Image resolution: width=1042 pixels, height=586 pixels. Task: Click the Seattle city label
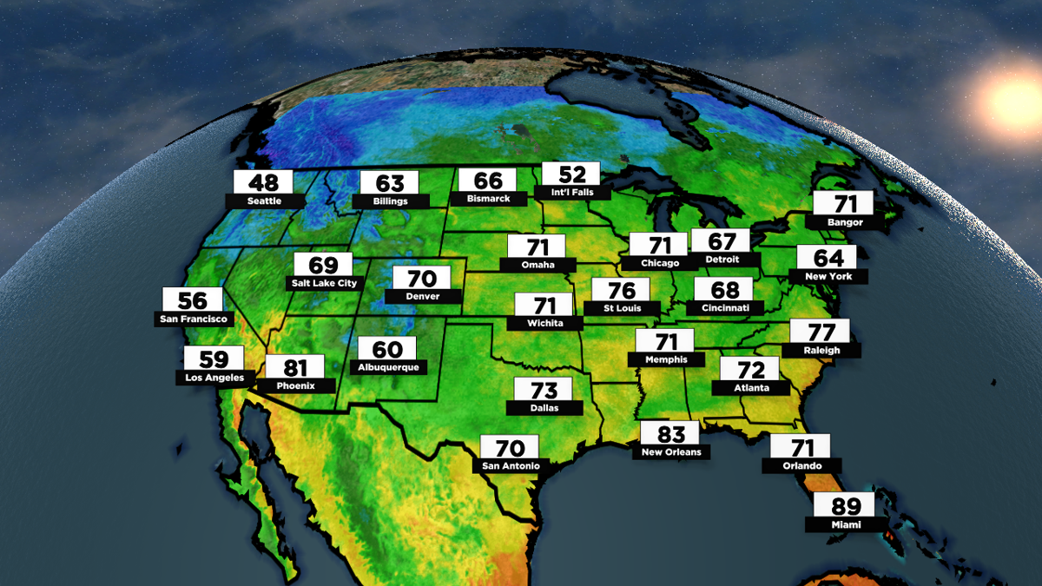click(264, 201)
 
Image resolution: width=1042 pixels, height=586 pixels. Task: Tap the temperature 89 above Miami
click(847, 506)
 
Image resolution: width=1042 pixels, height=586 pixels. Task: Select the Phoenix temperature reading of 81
click(295, 367)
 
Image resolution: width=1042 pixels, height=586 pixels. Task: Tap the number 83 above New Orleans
click(671, 433)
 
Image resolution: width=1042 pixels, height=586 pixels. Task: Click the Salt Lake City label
click(322, 283)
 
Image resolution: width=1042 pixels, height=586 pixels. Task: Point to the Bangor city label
click(845, 222)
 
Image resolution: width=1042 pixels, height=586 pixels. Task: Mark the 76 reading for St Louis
click(621, 290)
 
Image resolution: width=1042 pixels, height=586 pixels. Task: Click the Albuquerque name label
click(387, 367)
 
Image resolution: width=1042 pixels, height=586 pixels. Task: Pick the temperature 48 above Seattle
click(264, 182)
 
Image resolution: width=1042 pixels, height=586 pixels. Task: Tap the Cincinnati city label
click(724, 308)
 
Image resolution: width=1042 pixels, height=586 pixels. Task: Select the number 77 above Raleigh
click(821, 332)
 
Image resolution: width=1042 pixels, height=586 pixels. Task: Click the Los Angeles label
click(214, 378)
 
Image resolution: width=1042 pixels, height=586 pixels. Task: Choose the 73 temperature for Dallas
click(544, 389)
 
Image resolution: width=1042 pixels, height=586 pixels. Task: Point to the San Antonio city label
click(511, 466)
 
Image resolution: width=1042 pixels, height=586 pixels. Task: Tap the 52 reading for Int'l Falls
click(570, 174)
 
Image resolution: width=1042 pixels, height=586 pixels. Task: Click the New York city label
click(828, 276)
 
